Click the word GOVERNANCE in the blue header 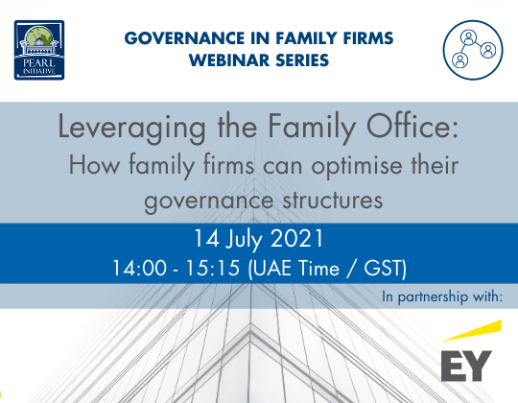tap(182, 39)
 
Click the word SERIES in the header tap(299, 60)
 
